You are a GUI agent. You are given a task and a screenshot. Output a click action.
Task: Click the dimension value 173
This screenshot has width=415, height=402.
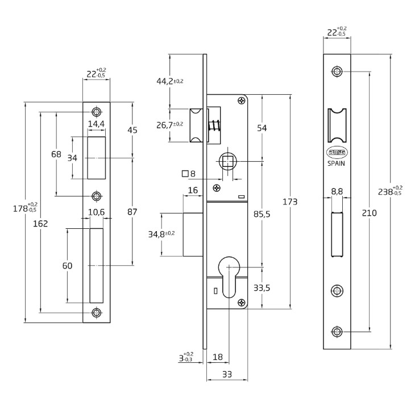(290, 202)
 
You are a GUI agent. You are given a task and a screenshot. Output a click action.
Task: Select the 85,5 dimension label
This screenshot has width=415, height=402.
(262, 213)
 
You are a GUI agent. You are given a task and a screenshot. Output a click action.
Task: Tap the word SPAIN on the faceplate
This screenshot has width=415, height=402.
(337, 162)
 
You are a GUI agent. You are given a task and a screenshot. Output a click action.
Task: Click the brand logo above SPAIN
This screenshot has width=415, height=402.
(337, 152)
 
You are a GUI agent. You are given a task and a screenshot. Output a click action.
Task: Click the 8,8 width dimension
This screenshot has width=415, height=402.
(337, 192)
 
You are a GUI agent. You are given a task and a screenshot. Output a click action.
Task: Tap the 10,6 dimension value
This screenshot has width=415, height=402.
(96, 212)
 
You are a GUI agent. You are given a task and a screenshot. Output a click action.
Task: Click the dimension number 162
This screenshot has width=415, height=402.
(40, 223)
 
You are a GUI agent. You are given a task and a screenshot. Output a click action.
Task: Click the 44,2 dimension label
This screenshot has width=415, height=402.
(170, 81)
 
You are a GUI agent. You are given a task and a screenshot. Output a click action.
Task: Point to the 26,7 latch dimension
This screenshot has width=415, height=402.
(170, 124)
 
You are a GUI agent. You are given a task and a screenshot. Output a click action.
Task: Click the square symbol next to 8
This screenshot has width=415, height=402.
(184, 174)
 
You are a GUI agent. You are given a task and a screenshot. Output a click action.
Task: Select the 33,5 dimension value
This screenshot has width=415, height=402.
(261, 288)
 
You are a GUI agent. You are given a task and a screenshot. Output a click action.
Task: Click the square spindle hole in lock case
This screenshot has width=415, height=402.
(227, 162)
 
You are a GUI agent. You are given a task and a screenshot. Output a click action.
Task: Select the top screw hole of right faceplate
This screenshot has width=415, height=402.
(337, 72)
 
